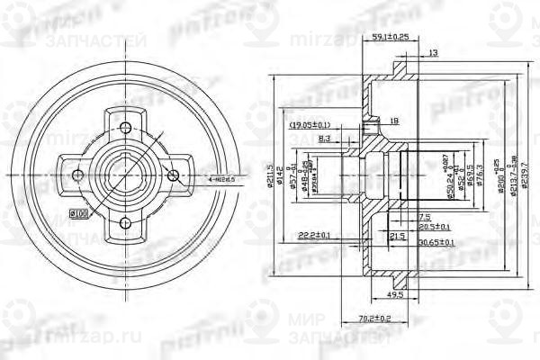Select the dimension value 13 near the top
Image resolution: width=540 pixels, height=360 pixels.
click(434, 54)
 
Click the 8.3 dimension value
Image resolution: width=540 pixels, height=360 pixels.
click(325, 139)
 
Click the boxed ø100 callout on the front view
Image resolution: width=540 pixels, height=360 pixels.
click(77, 214)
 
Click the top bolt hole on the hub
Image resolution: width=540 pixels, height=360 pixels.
click(126, 126)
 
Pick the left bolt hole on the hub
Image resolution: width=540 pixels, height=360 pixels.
click(76, 175)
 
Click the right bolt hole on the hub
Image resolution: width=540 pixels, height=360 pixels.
click(176, 175)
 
